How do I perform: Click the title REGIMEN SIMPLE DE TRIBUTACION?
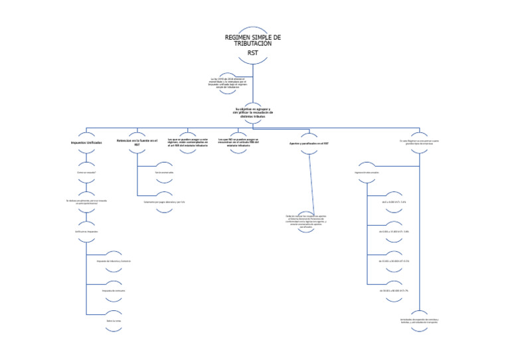click(x=254, y=41)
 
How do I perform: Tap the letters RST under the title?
click(x=253, y=52)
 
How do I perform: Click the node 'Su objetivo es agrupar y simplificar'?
click(x=253, y=112)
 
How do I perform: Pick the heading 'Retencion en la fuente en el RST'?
click(x=137, y=142)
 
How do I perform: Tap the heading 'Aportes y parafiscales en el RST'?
click(x=309, y=143)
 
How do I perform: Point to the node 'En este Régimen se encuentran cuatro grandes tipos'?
click(x=419, y=141)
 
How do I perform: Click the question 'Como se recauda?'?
click(x=86, y=173)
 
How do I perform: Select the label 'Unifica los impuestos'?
click(x=86, y=231)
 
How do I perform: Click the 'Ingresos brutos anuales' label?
click(x=367, y=173)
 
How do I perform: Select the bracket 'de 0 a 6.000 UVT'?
click(x=394, y=202)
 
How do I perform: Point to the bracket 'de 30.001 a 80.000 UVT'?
click(x=394, y=290)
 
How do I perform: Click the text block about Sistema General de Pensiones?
click(x=309, y=221)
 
